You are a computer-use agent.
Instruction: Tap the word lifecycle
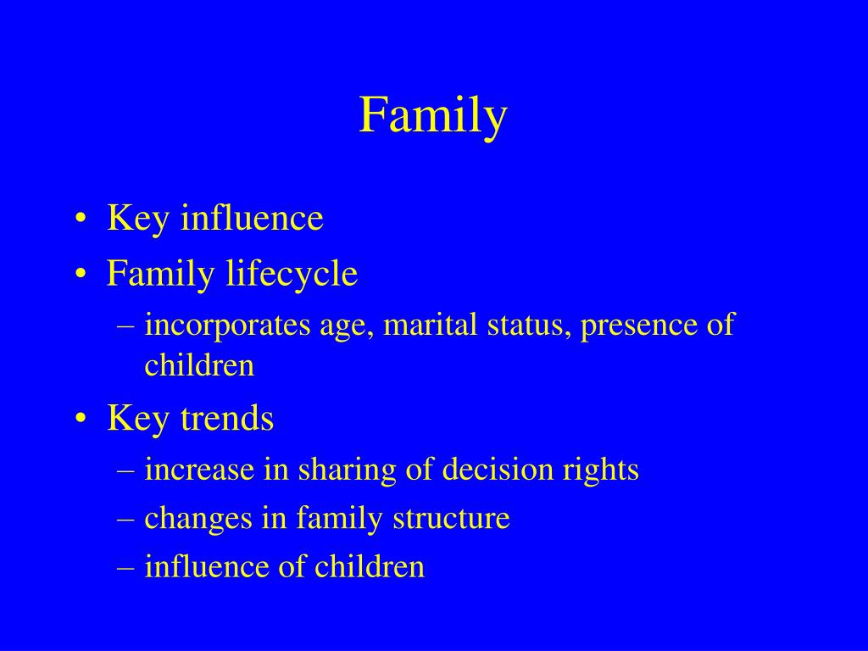point(292,275)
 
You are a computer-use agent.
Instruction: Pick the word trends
point(227,418)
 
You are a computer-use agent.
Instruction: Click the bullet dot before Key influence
point(81,219)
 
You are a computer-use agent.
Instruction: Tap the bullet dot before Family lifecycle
point(81,275)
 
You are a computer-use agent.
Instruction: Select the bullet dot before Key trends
point(81,419)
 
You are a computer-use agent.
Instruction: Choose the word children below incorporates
point(199,365)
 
